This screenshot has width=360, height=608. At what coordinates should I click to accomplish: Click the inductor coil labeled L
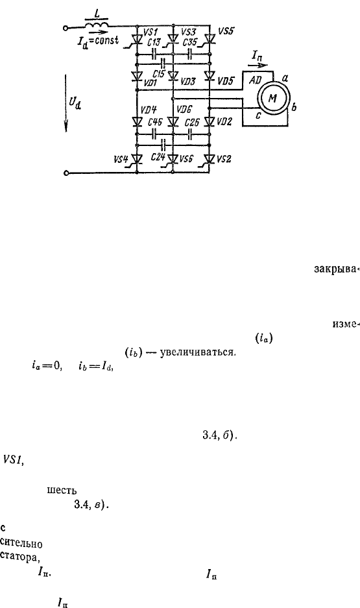(x=97, y=25)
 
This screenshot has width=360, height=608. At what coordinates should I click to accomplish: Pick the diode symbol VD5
(x=210, y=75)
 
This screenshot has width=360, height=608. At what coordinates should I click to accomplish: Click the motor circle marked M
(x=272, y=99)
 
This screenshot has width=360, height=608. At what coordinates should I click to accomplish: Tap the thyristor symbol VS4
(x=136, y=159)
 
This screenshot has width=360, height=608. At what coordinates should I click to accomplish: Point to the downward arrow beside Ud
(x=66, y=102)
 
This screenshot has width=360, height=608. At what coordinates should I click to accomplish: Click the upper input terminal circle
(x=66, y=27)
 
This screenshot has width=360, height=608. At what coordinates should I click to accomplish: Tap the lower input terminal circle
(x=66, y=173)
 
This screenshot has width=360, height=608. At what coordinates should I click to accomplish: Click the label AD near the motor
(x=255, y=80)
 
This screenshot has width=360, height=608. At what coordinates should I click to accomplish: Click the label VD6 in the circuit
(x=184, y=110)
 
